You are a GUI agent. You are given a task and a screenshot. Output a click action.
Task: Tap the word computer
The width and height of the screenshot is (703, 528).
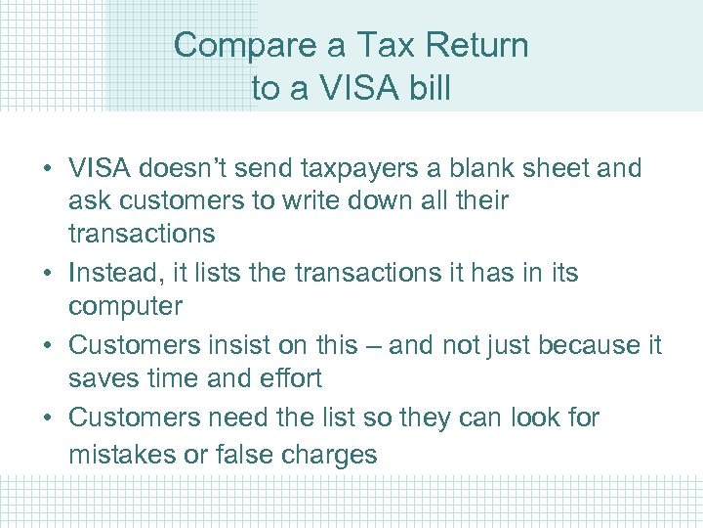click(x=125, y=306)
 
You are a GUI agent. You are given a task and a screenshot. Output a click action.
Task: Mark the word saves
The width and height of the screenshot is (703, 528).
click(x=101, y=378)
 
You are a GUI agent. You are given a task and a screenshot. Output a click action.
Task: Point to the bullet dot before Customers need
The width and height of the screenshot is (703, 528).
click(x=46, y=418)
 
